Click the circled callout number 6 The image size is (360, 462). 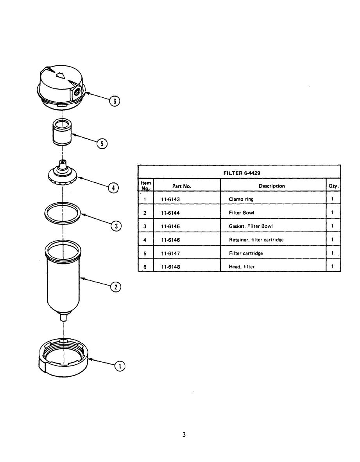[114, 101]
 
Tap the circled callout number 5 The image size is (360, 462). [102, 144]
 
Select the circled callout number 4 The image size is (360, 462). [113, 188]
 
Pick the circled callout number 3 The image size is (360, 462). [116, 226]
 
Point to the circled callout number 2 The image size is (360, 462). [116, 287]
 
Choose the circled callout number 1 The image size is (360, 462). [120, 366]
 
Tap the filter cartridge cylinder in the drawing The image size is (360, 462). [62, 132]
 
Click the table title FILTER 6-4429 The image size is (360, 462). [242, 173]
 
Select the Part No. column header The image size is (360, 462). [182, 186]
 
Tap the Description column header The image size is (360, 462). [272, 186]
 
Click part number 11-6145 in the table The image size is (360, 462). [170, 226]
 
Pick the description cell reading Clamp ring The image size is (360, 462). [241, 199]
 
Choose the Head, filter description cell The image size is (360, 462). [242, 267]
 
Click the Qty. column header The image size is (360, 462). [333, 186]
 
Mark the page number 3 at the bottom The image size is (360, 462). [184, 434]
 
